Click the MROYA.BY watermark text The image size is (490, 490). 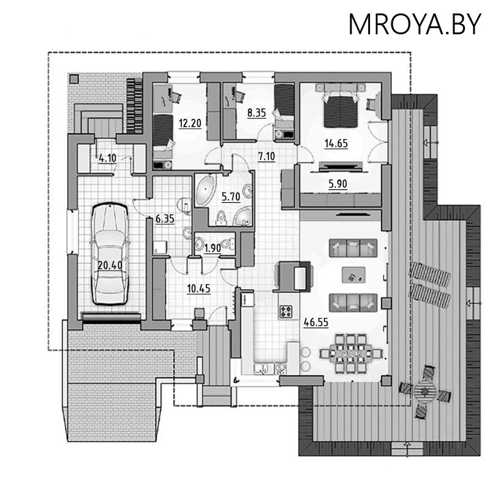(x=415, y=24)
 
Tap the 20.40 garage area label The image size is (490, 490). (x=110, y=265)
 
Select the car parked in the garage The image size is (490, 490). (x=110, y=254)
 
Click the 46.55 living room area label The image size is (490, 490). (x=316, y=322)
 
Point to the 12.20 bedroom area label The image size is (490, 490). (x=190, y=123)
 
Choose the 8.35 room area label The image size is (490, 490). (x=257, y=113)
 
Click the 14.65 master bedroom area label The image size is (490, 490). (x=336, y=143)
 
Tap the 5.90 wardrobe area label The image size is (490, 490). (x=338, y=184)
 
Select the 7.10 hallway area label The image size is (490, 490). (x=266, y=156)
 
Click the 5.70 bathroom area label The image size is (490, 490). (x=231, y=197)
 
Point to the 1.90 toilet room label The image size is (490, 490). (x=213, y=248)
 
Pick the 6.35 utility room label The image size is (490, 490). (x=165, y=219)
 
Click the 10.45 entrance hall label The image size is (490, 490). (x=198, y=288)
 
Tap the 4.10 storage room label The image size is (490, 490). (x=108, y=158)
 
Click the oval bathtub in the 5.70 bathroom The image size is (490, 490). (x=205, y=190)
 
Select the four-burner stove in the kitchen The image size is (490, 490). (x=285, y=312)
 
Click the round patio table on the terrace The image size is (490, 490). (x=424, y=391)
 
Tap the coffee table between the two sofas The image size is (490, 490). (x=353, y=275)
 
